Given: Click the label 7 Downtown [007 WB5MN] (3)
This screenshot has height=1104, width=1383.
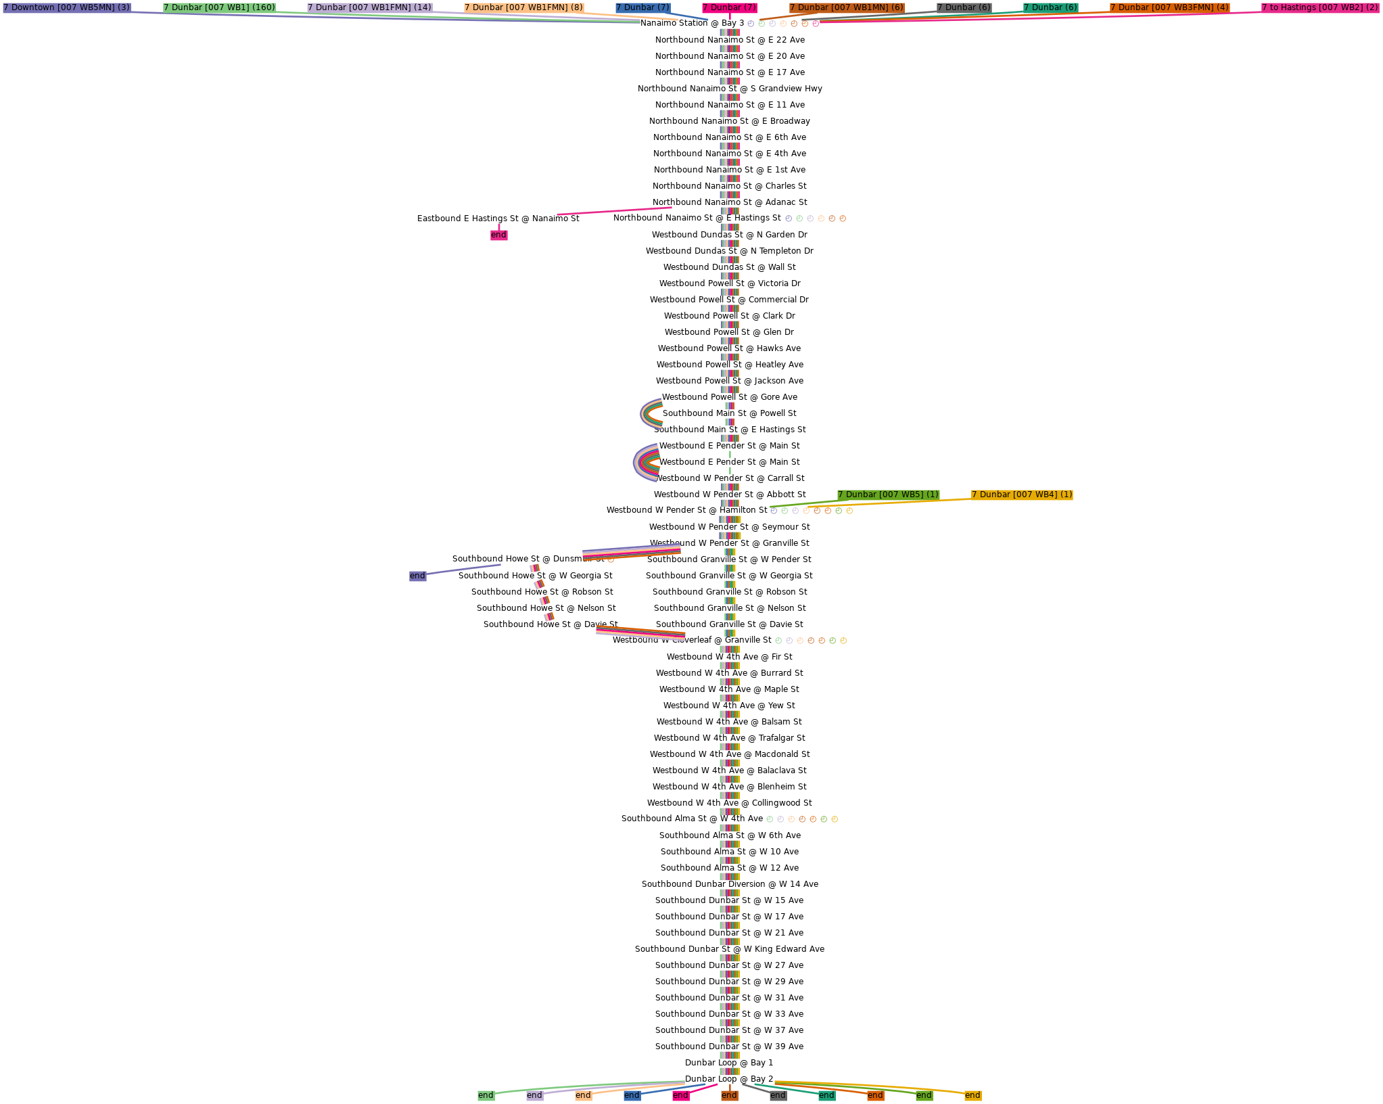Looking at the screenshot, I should click(66, 7).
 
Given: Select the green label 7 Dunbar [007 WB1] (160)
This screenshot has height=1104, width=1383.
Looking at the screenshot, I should click(219, 7).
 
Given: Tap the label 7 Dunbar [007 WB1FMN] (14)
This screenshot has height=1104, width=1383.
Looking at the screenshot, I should click(369, 7).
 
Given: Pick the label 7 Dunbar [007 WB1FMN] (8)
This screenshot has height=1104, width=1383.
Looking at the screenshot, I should click(523, 7).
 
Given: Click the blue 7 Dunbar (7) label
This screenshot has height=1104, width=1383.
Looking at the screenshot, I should click(642, 7).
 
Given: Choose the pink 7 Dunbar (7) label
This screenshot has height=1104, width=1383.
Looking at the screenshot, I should click(729, 7).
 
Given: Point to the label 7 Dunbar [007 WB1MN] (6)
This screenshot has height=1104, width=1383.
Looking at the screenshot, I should click(847, 7).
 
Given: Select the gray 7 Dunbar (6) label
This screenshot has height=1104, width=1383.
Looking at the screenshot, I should click(964, 7).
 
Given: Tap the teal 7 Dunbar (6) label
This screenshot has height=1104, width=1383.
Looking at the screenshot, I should click(1050, 7).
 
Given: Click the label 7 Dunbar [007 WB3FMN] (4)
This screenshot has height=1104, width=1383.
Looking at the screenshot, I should click(1169, 7).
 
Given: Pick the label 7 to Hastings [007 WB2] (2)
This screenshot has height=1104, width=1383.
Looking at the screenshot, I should click(1319, 7).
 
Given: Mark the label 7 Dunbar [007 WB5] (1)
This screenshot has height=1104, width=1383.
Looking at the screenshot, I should click(888, 495).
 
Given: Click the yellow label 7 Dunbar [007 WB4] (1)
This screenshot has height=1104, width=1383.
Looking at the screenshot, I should click(1022, 495).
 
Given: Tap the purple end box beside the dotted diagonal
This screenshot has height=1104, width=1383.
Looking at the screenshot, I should click(417, 576).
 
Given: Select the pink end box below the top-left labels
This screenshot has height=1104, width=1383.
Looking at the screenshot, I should click(498, 235).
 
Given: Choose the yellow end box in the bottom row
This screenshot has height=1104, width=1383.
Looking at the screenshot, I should click(972, 1095).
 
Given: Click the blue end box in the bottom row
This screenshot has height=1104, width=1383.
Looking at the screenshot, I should click(632, 1095).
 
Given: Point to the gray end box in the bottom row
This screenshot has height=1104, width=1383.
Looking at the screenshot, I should click(778, 1095).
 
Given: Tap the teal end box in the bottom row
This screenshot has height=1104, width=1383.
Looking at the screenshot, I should click(826, 1095).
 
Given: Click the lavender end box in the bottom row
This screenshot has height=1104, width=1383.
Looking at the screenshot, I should click(534, 1095).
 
